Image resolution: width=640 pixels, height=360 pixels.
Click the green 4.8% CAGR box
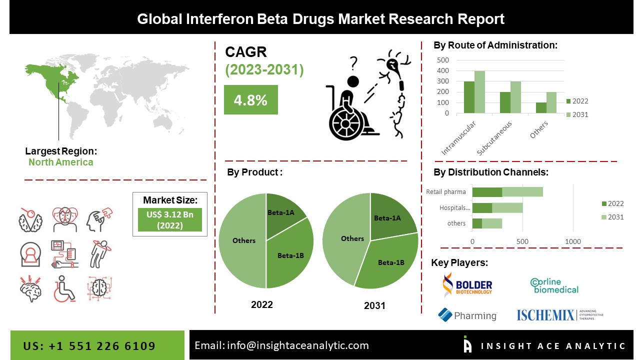[x=250, y=100]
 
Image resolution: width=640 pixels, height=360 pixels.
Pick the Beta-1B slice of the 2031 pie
[x=390, y=262]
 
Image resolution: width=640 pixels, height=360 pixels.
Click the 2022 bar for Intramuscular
[x=469, y=97]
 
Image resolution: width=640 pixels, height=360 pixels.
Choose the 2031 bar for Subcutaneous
[x=515, y=97]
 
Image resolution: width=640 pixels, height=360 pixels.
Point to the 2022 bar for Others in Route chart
[x=541, y=107]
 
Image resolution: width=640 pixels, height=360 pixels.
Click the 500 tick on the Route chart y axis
[x=443, y=60]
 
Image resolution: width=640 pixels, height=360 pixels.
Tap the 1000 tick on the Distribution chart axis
[x=573, y=241]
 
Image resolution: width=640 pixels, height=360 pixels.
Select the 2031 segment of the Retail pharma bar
[x=522, y=192]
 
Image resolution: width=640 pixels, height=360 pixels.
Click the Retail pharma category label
[x=446, y=192]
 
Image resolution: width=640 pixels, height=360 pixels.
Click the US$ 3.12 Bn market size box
[x=169, y=219]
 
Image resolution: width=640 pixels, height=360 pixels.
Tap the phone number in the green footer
[x=89, y=346]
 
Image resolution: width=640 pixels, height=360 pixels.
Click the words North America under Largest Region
[x=60, y=162]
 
